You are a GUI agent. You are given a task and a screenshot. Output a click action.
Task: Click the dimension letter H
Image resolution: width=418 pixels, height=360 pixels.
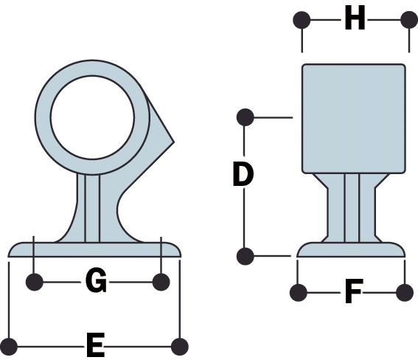tap(355, 18)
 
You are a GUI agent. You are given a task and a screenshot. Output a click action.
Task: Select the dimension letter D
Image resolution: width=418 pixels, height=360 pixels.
tap(243, 174)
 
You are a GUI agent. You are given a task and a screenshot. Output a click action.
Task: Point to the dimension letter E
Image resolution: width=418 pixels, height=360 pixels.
tap(95, 345)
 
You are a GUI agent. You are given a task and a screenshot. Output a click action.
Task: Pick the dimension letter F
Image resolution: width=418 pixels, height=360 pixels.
tap(354, 291)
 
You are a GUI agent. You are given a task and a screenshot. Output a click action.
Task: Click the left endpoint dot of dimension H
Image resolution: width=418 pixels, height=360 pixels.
tap(302, 20)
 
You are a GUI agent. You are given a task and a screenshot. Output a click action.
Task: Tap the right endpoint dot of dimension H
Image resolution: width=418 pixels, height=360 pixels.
tap(409, 20)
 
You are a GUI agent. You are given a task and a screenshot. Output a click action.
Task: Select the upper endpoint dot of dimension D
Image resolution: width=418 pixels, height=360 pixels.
tap(245, 117)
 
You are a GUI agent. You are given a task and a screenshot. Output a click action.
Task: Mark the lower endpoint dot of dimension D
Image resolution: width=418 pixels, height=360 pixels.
tap(245, 256)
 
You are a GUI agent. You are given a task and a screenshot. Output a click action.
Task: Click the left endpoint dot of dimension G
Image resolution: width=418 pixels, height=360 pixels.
tap(35, 282)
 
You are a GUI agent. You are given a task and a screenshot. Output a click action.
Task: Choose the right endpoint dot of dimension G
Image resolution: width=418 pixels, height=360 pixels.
tap(161, 282)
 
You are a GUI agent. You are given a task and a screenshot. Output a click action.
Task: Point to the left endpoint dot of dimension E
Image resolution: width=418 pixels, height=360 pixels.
tap(9, 347)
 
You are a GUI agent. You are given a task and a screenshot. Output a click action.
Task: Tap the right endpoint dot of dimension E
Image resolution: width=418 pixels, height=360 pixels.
tap(180, 347)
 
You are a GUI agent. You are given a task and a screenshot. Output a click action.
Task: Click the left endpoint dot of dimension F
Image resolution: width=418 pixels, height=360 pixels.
tap(299, 293)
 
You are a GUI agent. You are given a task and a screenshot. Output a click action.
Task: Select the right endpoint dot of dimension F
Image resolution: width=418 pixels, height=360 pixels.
tap(405, 293)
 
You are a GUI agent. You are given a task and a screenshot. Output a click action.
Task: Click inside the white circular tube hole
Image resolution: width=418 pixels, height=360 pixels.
tap(92, 117)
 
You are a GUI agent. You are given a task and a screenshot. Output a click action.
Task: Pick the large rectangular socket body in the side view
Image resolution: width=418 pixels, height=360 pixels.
tap(354, 119)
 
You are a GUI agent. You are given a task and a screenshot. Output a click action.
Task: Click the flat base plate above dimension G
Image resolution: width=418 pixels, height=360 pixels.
tap(94, 249)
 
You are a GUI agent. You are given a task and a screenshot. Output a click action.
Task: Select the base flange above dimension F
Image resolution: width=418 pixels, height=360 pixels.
tap(351, 249)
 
